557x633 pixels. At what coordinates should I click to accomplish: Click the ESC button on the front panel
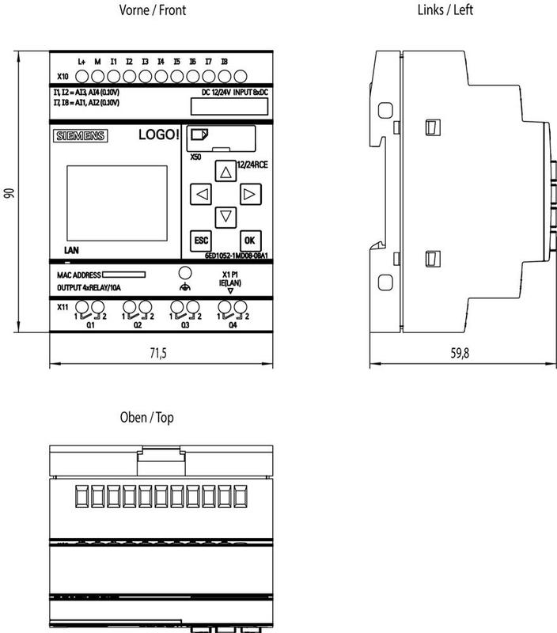(x=200, y=240)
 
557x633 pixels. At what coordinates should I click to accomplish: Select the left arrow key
(x=203, y=193)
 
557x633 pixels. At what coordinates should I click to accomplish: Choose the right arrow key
(x=250, y=193)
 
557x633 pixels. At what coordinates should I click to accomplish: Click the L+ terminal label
(x=81, y=61)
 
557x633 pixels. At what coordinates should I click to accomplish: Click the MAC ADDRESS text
(x=78, y=275)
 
